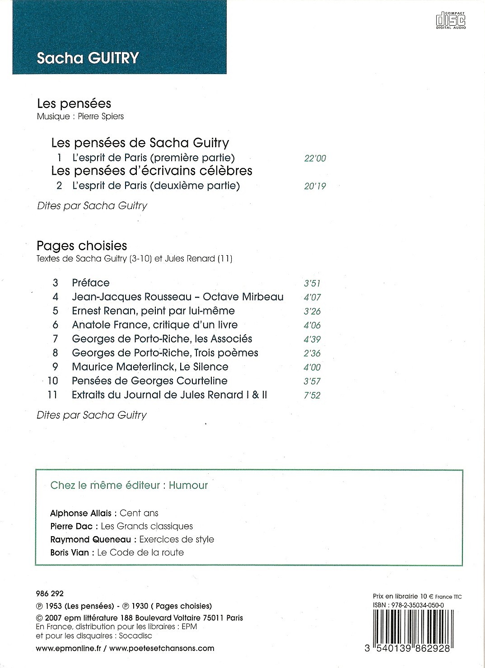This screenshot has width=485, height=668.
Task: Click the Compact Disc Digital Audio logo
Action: [450, 19]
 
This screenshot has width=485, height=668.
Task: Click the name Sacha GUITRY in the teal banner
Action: [88, 58]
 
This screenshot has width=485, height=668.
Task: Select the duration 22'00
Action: [315, 159]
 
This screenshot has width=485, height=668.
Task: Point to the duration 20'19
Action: [315, 186]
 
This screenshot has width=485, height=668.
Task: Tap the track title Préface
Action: [91, 283]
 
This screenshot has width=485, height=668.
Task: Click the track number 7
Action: [56, 339]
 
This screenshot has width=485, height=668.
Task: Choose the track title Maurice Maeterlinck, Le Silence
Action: [150, 367]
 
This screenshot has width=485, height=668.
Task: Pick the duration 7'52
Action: [312, 395]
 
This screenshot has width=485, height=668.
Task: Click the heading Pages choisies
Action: [82, 246]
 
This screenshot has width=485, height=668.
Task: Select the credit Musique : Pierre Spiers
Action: [80, 117]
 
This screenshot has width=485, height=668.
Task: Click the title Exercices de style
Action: [177, 539]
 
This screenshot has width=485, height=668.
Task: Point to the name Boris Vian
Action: [70, 552]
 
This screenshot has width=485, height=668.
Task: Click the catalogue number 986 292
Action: [49, 594]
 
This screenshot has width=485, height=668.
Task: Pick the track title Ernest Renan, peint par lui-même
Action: [153, 311]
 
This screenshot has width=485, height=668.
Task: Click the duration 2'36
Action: [312, 353]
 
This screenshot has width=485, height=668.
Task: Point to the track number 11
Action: [52, 395]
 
